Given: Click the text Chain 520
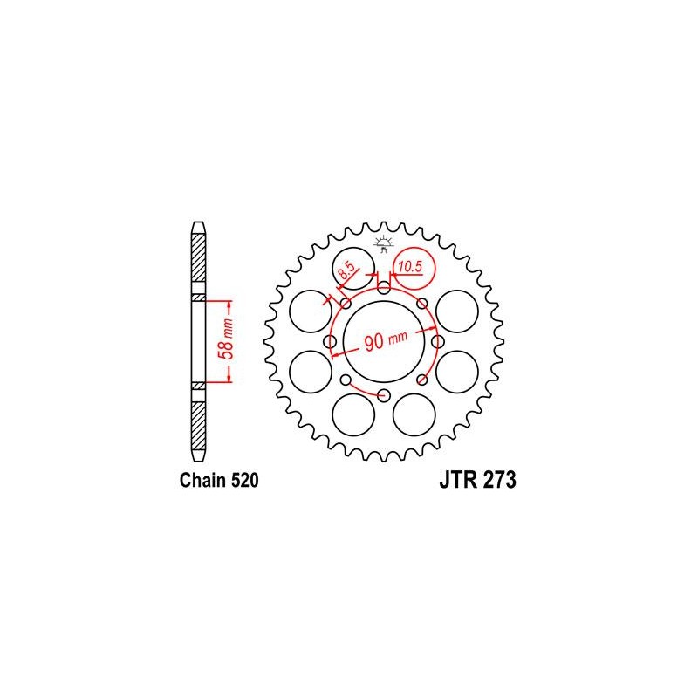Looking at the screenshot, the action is point(219,481).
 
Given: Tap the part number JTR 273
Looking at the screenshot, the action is point(477,481).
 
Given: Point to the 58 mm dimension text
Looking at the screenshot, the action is point(226,339).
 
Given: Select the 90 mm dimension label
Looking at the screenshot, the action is point(386,340).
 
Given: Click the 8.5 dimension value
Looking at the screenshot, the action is point(347,270).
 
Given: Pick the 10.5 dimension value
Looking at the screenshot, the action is point(409,267).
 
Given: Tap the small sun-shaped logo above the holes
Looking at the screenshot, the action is point(383,244).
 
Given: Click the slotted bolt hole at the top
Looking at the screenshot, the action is point(384,286).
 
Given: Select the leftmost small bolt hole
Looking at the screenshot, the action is point(330,342).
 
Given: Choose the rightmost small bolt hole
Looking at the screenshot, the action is point(438,342).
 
